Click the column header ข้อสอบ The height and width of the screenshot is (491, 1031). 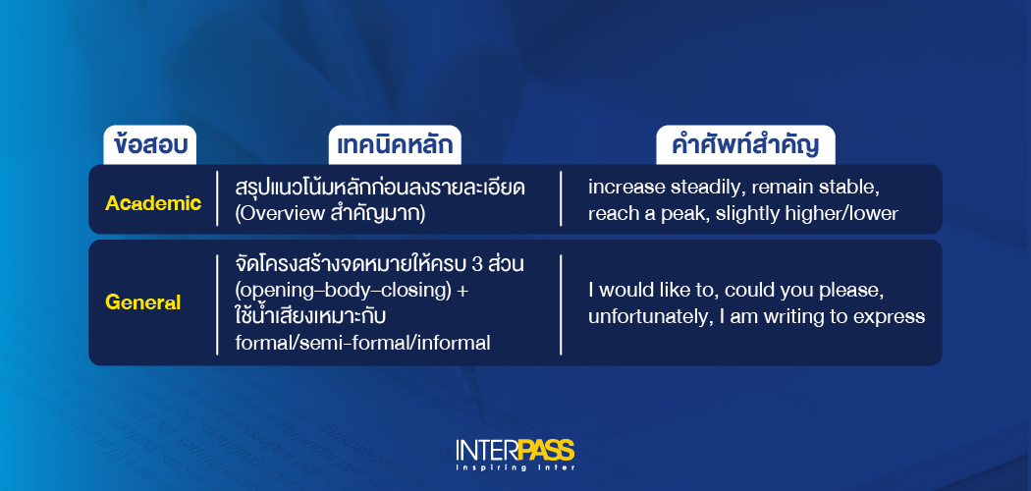coord(150,145)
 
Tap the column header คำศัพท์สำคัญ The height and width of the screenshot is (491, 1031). coord(745,145)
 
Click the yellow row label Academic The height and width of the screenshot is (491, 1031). coord(153,203)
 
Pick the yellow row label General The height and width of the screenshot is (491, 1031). coord(143,302)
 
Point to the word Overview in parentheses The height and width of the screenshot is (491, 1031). coord(282,213)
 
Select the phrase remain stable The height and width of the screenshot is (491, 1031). coord(810,188)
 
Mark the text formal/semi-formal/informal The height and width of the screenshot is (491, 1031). coord(363,344)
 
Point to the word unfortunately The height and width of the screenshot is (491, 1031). coord(643,317)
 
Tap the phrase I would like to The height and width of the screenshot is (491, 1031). coord(645,291)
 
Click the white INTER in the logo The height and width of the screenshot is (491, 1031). coord(486,451)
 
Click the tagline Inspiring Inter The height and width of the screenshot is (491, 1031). coord(515,467)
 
